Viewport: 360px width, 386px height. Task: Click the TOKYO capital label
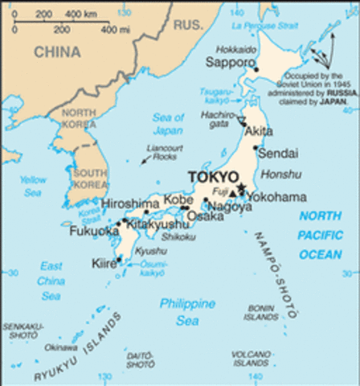click(212, 176)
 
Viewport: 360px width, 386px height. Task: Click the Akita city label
click(258, 131)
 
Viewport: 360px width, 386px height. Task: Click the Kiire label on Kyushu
click(104, 263)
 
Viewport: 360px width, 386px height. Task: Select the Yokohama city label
click(276, 197)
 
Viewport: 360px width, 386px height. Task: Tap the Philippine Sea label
click(187, 312)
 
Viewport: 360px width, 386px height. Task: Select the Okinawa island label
click(61, 347)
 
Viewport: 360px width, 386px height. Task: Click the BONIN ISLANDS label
click(261, 312)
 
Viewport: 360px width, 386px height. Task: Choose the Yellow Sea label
click(33, 187)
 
